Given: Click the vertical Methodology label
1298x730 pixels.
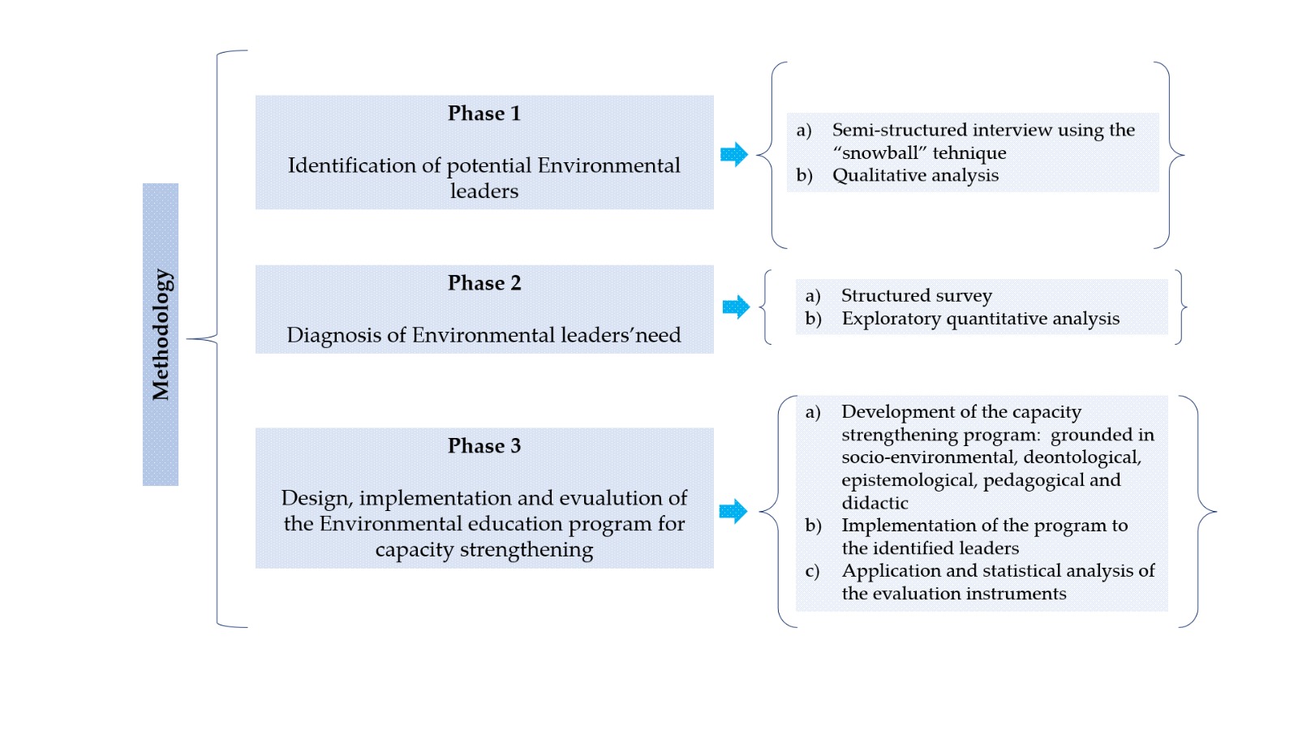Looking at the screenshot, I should pyautogui.click(x=161, y=334).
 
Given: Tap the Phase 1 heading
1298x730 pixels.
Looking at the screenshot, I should pyautogui.click(x=484, y=114).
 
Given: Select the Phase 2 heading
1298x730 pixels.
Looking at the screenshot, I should pyautogui.click(x=484, y=283).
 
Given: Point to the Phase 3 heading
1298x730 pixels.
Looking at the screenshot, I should pyautogui.click(x=484, y=446).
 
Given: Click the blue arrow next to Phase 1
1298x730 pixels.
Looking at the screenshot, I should pyautogui.click(x=734, y=154).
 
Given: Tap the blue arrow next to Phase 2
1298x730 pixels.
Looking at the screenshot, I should pyautogui.click(x=736, y=307).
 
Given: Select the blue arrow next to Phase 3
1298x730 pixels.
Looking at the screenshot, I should pyautogui.click(x=733, y=511).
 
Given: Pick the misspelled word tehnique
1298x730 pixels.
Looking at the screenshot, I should pyautogui.click(x=969, y=152).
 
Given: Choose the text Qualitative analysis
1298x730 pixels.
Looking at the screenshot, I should pyautogui.click(x=915, y=175).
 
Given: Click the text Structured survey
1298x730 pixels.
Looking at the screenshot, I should pyautogui.click(x=916, y=295).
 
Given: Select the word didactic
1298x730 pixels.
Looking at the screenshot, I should pyautogui.click(x=875, y=503).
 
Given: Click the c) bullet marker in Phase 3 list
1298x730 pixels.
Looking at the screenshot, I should pyautogui.click(x=812, y=571).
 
